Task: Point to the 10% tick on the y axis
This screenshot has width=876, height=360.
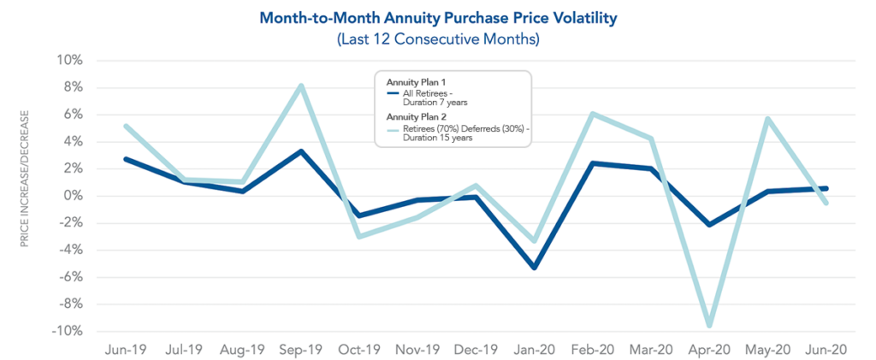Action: tap(70, 61)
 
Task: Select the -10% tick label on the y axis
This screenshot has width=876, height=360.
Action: tap(68, 331)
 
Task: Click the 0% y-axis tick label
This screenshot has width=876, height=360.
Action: tap(74, 196)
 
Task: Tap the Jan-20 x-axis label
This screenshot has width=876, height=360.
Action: tap(535, 349)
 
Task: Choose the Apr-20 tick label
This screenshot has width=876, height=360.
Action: tap(709, 349)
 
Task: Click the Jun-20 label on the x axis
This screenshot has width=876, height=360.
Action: tap(826, 349)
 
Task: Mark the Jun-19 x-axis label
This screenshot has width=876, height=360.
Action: tap(125, 349)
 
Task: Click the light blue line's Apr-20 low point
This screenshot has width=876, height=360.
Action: tap(709, 326)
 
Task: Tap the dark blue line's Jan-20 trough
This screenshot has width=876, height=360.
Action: tap(535, 268)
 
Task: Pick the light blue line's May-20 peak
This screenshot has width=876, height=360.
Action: tap(767, 119)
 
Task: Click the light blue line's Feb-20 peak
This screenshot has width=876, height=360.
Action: tap(593, 114)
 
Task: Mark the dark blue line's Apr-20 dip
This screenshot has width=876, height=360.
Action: tap(709, 225)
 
